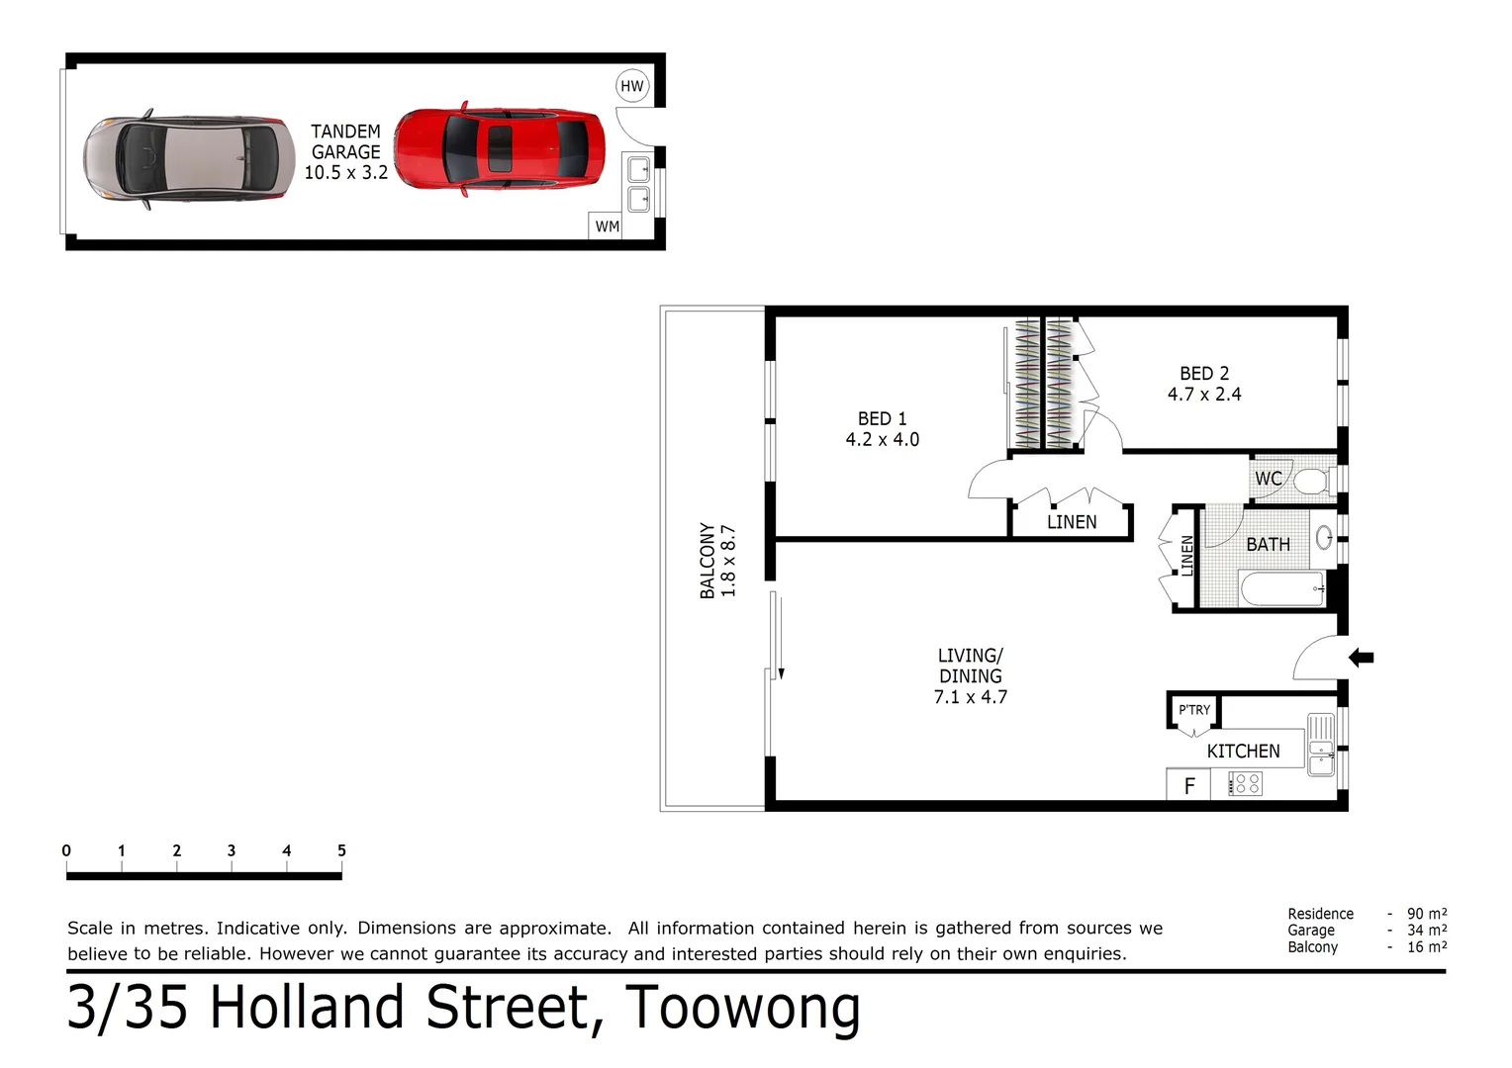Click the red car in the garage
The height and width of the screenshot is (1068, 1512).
(499, 148)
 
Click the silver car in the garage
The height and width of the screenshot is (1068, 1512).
(188, 158)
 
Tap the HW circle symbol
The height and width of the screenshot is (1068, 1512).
(631, 86)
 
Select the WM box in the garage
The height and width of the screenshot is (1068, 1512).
(607, 226)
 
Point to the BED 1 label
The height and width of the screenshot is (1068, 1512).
(882, 419)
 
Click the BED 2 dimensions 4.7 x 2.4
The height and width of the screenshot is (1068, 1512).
(1203, 395)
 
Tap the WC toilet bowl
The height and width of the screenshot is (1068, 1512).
(1311, 482)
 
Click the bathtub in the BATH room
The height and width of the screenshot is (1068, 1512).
(1281, 589)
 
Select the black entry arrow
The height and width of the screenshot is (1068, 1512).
(1362, 657)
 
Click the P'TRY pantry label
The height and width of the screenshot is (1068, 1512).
(1194, 710)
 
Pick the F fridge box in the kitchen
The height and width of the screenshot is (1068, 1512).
(1189, 785)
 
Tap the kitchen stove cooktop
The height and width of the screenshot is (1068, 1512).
(1245, 784)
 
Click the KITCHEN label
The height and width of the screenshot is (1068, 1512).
(1243, 752)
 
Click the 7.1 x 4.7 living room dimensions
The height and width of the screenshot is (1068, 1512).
(970, 697)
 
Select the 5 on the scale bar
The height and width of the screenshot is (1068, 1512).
(341, 850)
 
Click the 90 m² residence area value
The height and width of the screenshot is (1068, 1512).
(1426, 914)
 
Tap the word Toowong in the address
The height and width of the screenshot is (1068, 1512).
(742, 1009)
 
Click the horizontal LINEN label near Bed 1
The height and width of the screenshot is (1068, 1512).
(1072, 522)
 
